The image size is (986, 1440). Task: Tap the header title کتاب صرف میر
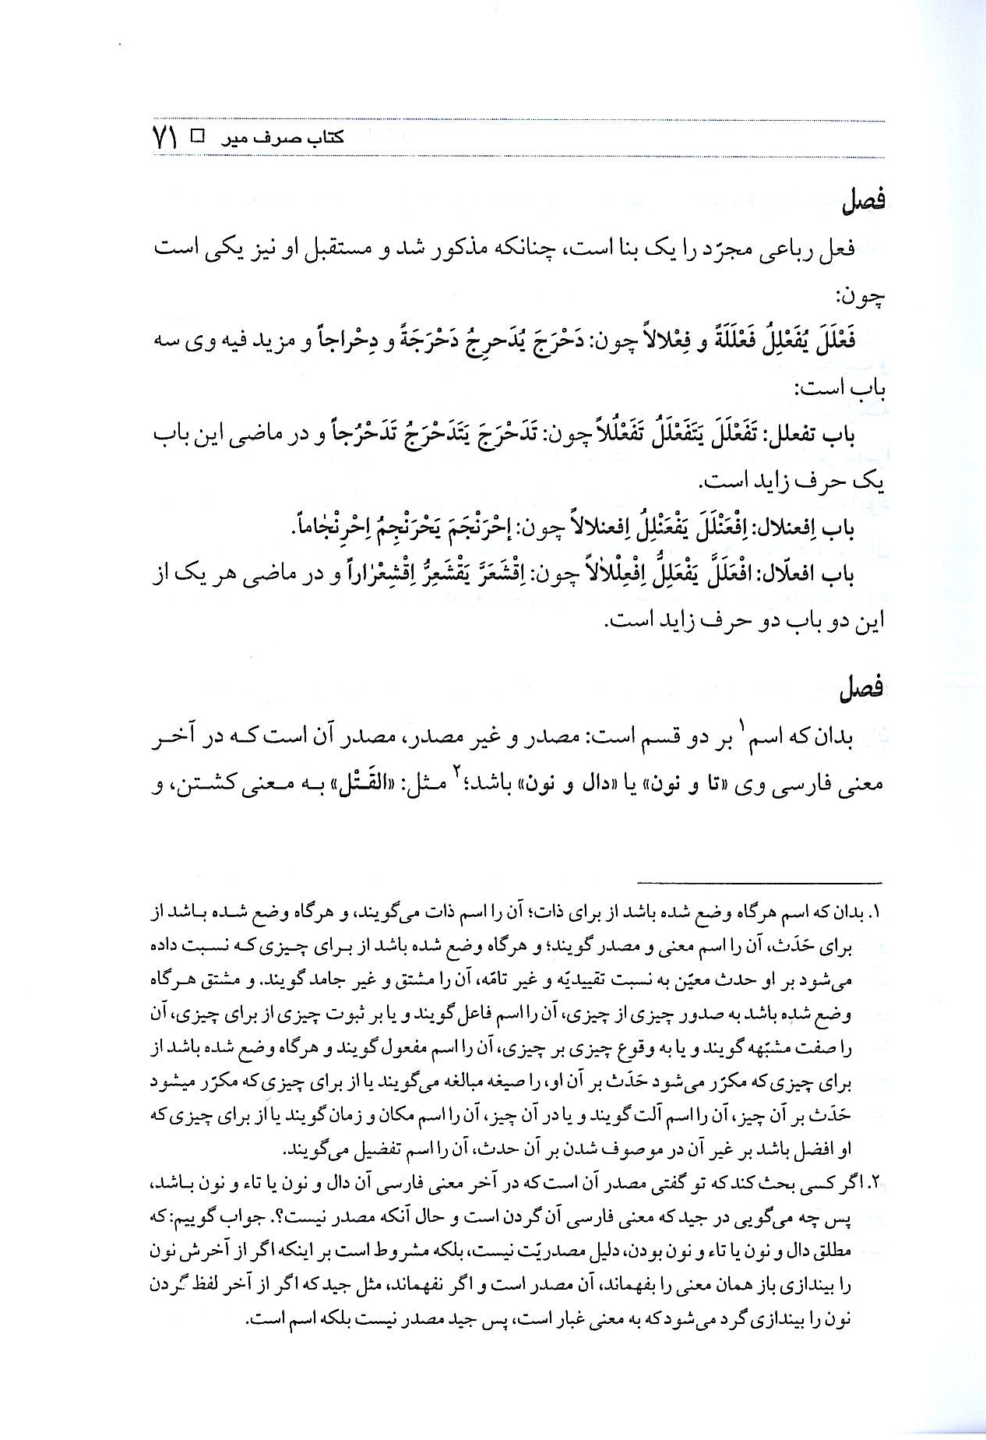[280, 139]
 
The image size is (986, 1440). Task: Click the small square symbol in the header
[198, 137]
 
